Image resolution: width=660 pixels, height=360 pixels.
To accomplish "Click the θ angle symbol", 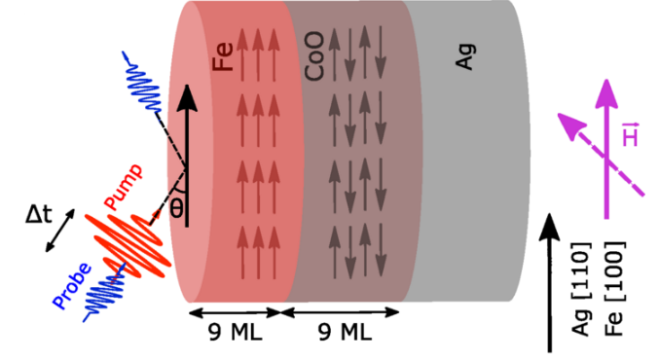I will (x=176, y=206).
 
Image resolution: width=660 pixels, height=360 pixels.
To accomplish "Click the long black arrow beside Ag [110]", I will (x=551, y=282).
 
